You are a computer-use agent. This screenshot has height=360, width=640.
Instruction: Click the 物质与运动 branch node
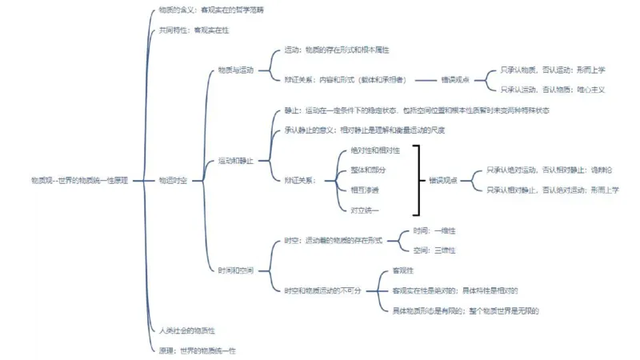[235, 70]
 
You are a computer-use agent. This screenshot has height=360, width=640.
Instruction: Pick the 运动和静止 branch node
[235, 161]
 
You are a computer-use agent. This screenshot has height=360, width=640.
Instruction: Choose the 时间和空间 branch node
[235, 270]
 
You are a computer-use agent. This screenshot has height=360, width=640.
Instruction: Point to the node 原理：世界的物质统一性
[197, 350]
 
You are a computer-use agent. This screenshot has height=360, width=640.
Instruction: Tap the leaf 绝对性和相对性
[374, 150]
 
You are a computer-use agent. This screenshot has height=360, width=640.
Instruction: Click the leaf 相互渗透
[365, 190]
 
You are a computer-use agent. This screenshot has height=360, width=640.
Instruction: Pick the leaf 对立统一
[365, 210]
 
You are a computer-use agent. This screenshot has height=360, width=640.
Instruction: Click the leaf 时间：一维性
[434, 230]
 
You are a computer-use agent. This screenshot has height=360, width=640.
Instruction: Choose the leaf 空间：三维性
[434, 250]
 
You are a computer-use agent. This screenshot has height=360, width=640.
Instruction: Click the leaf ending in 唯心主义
[553, 90]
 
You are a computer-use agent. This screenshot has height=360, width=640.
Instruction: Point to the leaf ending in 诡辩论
[548, 170]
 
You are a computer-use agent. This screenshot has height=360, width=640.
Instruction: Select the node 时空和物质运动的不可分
[323, 290]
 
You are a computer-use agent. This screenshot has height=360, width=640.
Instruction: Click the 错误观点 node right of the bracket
[443, 181]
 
